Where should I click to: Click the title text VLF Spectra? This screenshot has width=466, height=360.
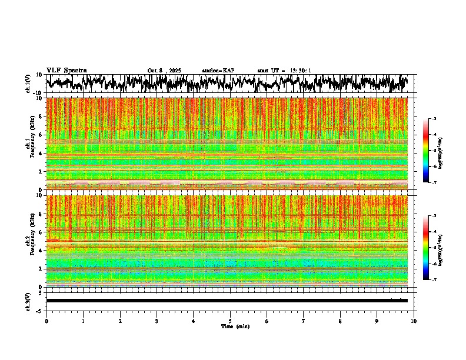66,71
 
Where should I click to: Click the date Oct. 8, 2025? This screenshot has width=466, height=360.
164,71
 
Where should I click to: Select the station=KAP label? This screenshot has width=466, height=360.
218,71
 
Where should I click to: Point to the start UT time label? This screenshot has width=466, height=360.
284,71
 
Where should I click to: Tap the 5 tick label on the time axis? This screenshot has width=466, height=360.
230,321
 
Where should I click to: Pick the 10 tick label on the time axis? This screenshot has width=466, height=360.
414,321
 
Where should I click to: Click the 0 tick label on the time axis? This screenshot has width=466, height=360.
46,321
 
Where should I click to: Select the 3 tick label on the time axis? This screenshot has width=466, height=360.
157,321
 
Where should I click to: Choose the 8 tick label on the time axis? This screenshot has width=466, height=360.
340,321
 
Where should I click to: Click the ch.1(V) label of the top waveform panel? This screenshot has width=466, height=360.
28,84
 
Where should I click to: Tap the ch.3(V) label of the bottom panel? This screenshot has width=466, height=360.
28,301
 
